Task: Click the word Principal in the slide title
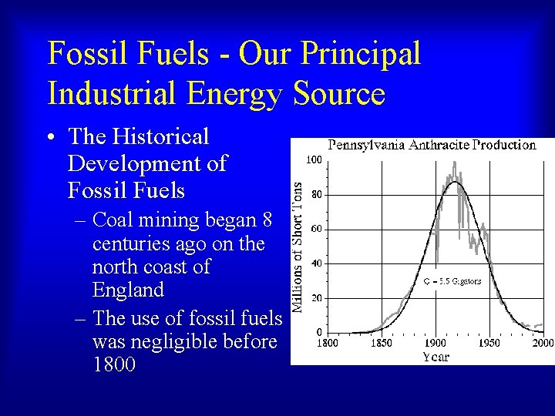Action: click(x=360, y=54)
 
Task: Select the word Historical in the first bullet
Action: click(x=160, y=137)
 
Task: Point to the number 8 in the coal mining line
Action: click(x=267, y=220)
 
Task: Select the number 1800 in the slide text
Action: click(x=113, y=364)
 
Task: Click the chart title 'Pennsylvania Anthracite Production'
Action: click(x=432, y=145)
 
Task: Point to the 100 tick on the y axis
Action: click(x=314, y=160)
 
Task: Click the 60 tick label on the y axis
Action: click(x=316, y=229)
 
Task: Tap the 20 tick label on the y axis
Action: click(x=316, y=297)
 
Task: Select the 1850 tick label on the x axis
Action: click(x=382, y=343)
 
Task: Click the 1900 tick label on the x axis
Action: click(x=436, y=343)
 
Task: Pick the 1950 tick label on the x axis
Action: click(x=489, y=343)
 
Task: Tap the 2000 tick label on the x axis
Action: click(x=543, y=343)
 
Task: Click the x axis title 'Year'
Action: click(x=436, y=357)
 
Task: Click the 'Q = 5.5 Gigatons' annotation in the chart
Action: click(x=452, y=281)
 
